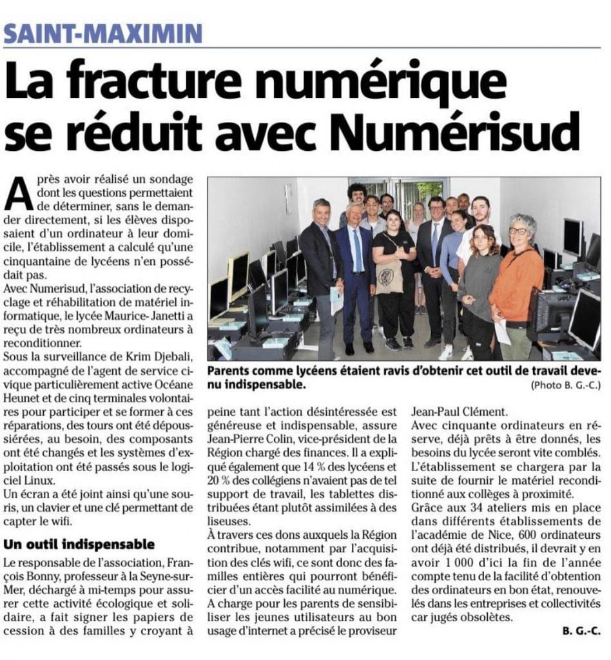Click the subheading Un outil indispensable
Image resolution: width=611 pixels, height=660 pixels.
(x=79, y=544)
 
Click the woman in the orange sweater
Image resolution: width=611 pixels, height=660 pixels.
(x=516, y=284)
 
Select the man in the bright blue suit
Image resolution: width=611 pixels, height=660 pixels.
(x=356, y=271)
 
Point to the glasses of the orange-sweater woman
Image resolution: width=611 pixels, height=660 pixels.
(x=518, y=230)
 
